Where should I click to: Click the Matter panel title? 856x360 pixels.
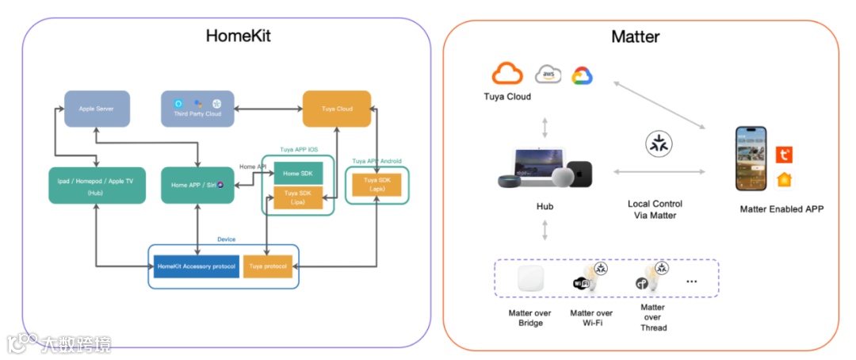coord(635,36)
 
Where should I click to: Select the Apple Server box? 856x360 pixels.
coord(97,109)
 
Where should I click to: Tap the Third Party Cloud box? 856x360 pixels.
coord(197,109)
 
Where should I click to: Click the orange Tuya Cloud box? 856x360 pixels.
coord(337,109)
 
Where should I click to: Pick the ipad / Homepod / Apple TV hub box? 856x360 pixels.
coord(96,185)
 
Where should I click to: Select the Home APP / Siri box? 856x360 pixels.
coord(197,185)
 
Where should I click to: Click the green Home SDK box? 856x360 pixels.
coord(298,174)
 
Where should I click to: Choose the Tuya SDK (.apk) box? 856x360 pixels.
coord(376,184)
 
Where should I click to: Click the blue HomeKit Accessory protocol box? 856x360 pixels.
coord(197,266)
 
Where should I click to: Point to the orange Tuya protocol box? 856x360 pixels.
coord(269,266)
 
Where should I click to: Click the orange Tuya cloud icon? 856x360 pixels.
coord(507,74)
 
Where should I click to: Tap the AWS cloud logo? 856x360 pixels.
coord(548,74)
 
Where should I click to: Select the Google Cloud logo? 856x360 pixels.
coord(582,75)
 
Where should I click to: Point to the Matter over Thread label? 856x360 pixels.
coord(653,317)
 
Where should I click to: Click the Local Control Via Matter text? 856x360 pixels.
coord(655,209)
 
